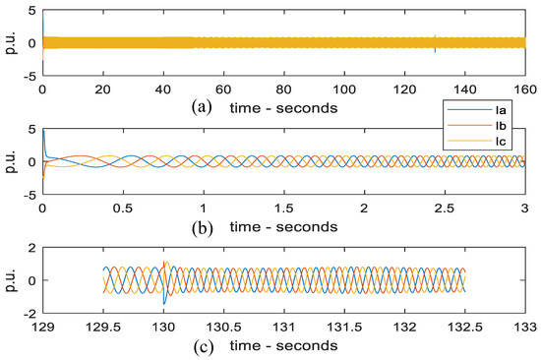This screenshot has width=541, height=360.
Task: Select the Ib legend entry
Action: click(x=492, y=126)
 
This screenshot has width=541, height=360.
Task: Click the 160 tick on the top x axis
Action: click(x=522, y=89)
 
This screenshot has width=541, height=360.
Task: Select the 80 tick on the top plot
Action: click(x=282, y=89)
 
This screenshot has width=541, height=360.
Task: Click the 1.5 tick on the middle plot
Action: click(x=283, y=209)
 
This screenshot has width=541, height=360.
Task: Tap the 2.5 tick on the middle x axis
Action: click(x=444, y=209)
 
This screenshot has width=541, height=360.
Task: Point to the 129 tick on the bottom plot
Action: click(x=42, y=328)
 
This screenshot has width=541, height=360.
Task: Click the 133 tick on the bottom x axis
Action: click(x=523, y=328)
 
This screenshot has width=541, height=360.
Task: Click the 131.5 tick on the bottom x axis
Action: click(x=343, y=328)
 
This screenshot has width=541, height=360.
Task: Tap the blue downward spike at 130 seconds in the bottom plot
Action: click(x=163, y=299)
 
